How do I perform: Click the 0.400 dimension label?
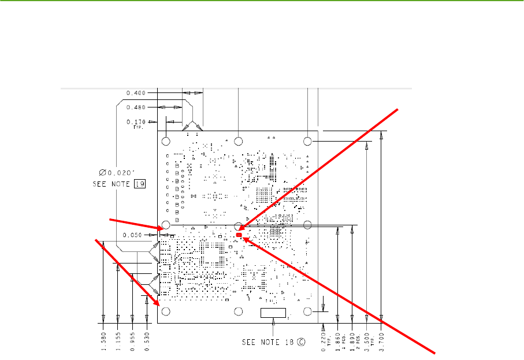tap(136, 92)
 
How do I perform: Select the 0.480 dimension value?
tap(136, 107)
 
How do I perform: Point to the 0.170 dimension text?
tap(136, 122)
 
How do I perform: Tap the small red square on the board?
tap(239, 235)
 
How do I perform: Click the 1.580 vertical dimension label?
tap(103, 338)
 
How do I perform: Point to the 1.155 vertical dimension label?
tap(118, 338)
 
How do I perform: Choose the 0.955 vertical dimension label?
tap(133, 338)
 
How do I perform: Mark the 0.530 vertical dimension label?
tap(148, 338)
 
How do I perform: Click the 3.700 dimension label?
tap(381, 338)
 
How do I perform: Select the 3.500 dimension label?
tap(366, 338)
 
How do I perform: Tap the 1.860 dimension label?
tap(337, 338)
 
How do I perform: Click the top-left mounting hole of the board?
tap(166, 141)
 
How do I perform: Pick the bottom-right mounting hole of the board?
tap(308, 312)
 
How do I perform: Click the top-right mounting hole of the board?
tap(308, 141)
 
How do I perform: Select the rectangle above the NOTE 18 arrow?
tap(273, 313)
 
